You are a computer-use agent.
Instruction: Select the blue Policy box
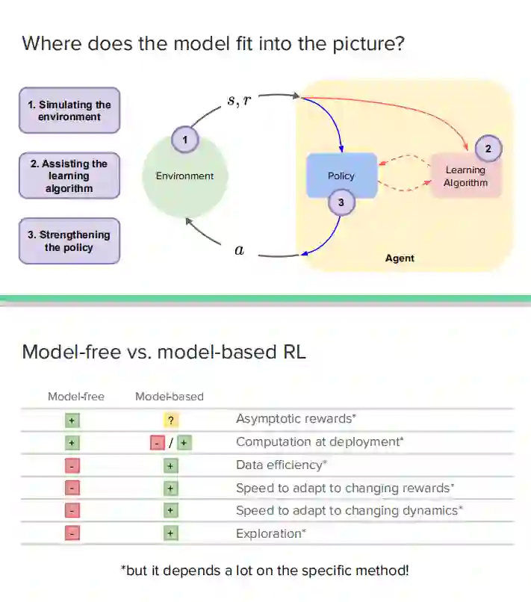(341, 176)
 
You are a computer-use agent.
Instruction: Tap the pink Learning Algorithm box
(466, 176)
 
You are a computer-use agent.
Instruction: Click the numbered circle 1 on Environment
(184, 139)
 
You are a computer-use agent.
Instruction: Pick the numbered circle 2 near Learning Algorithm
(488, 149)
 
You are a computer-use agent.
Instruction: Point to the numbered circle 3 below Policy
(341, 202)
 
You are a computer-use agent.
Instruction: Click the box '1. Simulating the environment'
(69, 111)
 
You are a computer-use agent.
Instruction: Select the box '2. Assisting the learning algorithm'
(69, 176)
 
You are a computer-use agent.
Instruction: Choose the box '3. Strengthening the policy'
(69, 241)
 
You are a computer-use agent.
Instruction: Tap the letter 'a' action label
(239, 251)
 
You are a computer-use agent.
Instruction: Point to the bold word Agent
(400, 258)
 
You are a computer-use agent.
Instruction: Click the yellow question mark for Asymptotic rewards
(170, 421)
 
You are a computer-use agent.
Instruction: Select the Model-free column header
(76, 397)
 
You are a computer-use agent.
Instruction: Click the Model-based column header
(170, 397)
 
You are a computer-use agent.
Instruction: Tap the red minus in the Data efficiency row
(72, 466)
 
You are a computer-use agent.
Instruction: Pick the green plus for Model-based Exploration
(170, 533)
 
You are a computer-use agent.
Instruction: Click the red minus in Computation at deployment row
(158, 443)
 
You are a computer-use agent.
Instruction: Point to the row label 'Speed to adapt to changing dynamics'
(349, 511)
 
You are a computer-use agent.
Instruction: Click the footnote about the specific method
(265, 571)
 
